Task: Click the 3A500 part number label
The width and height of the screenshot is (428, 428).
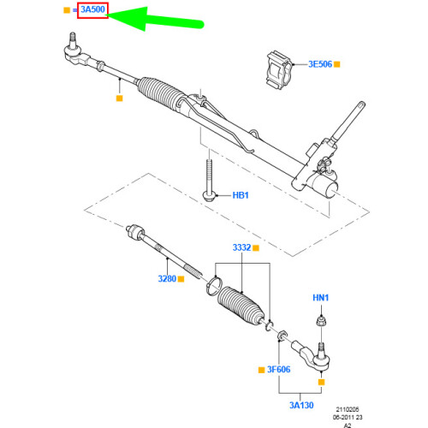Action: tap(92, 11)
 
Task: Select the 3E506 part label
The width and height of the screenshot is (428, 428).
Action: tap(313, 64)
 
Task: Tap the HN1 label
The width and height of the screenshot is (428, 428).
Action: tap(319, 297)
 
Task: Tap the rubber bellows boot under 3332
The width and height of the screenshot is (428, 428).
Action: tap(242, 306)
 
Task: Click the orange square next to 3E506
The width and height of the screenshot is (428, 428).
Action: tap(337, 64)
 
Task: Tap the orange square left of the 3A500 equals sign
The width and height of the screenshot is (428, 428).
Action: tap(67, 11)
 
